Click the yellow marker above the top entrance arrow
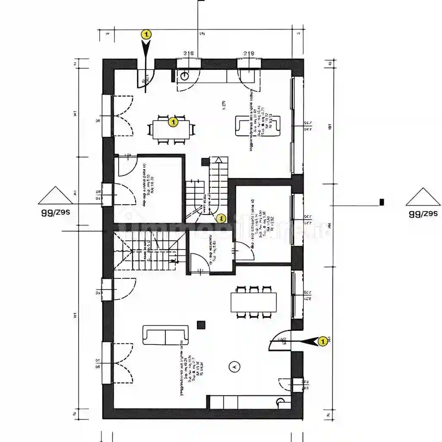146,34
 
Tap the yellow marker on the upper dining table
173,122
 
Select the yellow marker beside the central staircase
221,218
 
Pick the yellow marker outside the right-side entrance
322,341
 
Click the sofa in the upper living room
258,126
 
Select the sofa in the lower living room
166,335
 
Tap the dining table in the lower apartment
253,302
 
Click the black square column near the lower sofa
201,325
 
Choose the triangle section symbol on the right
423,197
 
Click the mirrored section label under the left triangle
55,213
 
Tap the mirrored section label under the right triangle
423,213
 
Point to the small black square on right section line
382,202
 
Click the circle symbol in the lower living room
235,366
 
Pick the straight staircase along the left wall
146,251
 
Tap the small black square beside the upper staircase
205,162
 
